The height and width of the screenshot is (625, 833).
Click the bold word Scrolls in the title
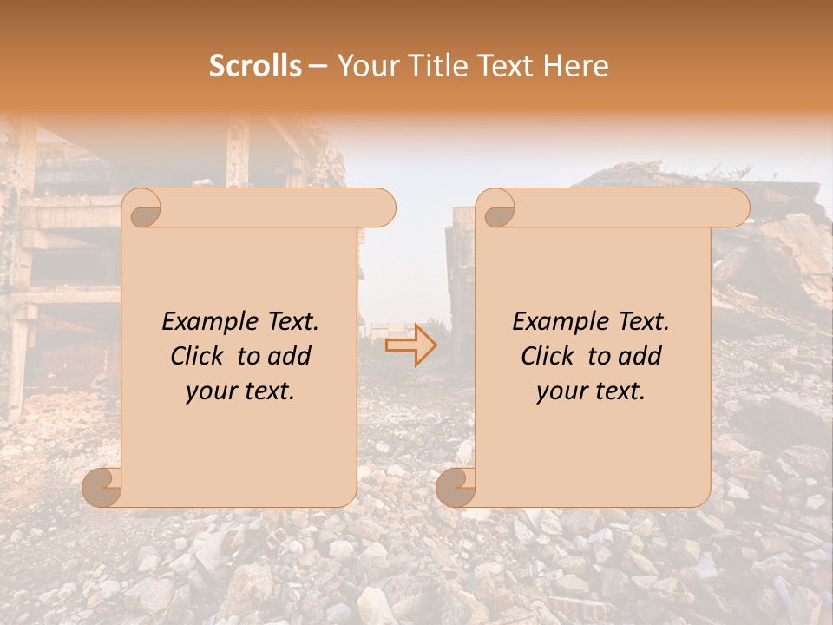[x=255, y=66]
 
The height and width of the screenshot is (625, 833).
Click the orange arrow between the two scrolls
[x=411, y=345]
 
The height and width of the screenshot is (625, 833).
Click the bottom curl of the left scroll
[x=102, y=486]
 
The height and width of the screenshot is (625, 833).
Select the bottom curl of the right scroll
[x=456, y=486]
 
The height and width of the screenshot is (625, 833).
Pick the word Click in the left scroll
[x=200, y=357]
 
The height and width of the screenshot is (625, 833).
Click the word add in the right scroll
[x=640, y=357]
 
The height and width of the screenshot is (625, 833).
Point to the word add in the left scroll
[x=290, y=357]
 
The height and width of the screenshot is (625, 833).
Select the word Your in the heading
[x=364, y=66]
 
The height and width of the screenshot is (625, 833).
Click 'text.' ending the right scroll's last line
[x=621, y=391]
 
